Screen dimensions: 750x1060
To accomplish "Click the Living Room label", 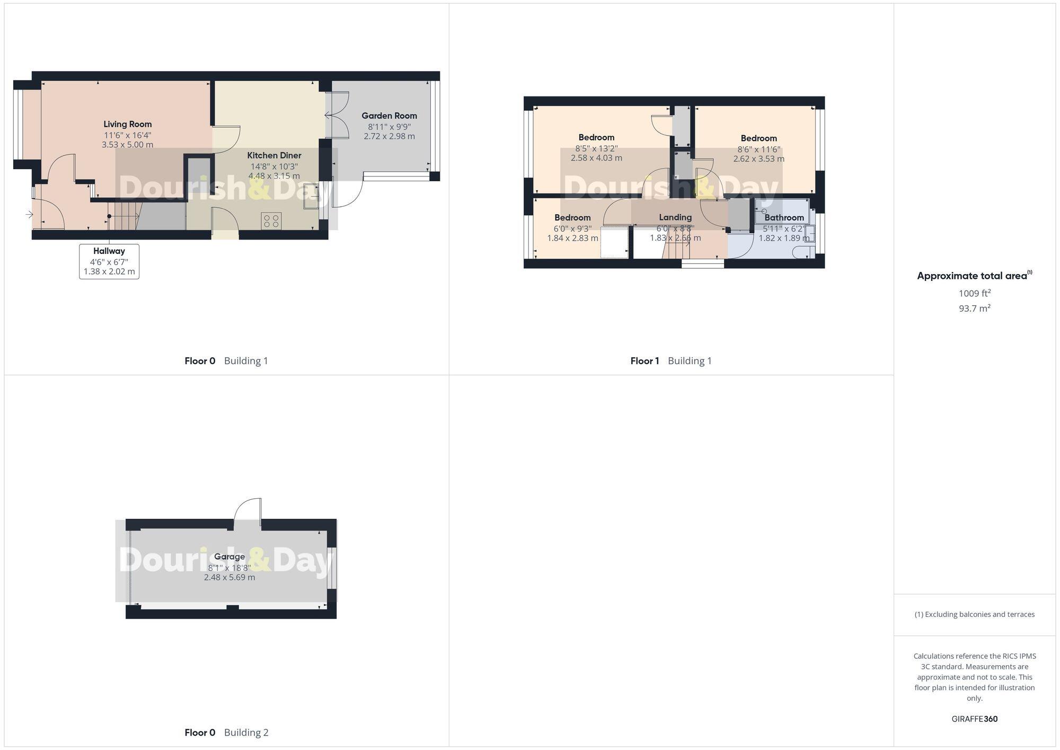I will (127, 124).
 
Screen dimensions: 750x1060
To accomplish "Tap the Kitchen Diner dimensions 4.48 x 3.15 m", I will (274, 176).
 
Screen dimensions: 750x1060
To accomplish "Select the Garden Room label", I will (389, 116).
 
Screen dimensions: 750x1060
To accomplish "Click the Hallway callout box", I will (109, 261).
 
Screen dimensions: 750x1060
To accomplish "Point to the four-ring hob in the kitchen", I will (271, 220).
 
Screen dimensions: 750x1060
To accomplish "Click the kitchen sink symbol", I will (311, 197).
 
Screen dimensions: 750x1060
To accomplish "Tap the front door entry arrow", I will (29, 215).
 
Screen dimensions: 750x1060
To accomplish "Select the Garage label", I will (229, 557).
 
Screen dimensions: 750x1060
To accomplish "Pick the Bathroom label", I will (784, 217).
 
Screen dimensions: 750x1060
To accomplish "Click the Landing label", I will (675, 217).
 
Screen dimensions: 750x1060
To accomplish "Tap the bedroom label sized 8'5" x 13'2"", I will (596, 137).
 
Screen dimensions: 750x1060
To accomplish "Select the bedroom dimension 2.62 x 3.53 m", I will (758, 159).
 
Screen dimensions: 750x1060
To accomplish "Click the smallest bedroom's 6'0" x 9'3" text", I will (572, 229).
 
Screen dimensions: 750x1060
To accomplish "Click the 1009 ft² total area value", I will (974, 293).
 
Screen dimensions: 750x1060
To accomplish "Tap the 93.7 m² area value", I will (974, 308).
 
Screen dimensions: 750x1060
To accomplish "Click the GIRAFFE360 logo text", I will (974, 719).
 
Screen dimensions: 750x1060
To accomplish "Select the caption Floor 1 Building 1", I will (670, 361).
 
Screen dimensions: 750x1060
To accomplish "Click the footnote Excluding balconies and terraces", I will (974, 614).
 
